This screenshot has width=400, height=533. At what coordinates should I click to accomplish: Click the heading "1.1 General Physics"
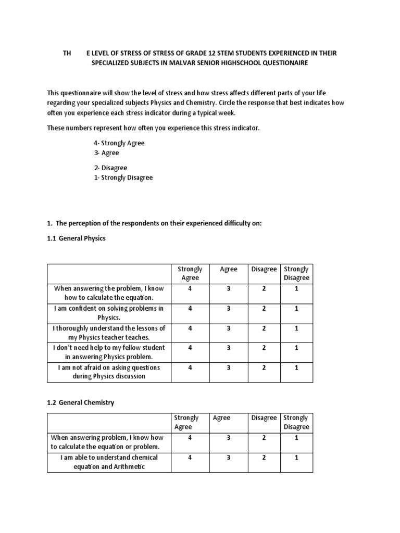tap(76, 238)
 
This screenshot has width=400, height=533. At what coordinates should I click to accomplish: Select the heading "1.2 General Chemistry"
tap(80, 402)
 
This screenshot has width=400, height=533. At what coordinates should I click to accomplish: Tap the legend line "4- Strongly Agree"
tap(119, 143)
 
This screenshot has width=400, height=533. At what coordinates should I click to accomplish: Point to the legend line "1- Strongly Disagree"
tap(123, 177)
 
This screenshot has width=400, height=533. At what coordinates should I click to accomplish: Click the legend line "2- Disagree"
tap(110, 168)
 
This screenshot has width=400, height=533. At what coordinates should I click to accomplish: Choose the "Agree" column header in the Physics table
tap(229, 269)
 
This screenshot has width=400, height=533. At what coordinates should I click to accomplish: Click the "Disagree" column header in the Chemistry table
tap(264, 417)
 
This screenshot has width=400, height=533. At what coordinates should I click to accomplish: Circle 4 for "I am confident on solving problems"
tap(190, 308)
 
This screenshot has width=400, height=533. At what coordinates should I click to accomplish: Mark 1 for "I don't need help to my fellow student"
tap(296, 347)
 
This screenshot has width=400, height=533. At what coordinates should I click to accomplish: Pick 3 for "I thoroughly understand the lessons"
tap(229, 328)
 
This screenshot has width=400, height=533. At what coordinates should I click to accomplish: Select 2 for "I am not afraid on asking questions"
tap(264, 367)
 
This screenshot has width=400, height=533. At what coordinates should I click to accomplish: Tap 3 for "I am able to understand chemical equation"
tap(229, 457)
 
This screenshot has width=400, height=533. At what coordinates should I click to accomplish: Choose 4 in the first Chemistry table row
tap(190, 438)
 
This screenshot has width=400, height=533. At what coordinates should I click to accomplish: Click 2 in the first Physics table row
tap(264, 288)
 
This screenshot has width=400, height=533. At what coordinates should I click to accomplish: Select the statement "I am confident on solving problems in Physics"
tap(108, 312)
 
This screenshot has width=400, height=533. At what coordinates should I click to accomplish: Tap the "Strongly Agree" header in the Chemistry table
tap(186, 422)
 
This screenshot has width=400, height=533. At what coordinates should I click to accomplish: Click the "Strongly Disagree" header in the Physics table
tap(296, 273)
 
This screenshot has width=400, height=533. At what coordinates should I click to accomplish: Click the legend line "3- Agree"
tap(106, 153)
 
